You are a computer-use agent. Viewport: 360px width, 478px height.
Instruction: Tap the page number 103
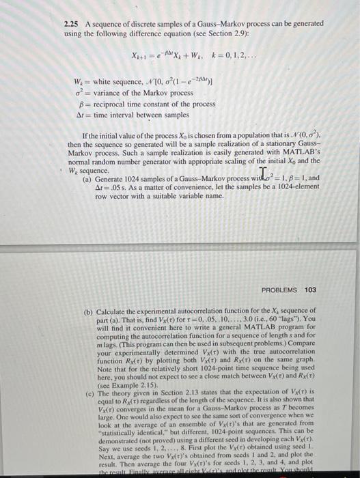click(x=310, y=290)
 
